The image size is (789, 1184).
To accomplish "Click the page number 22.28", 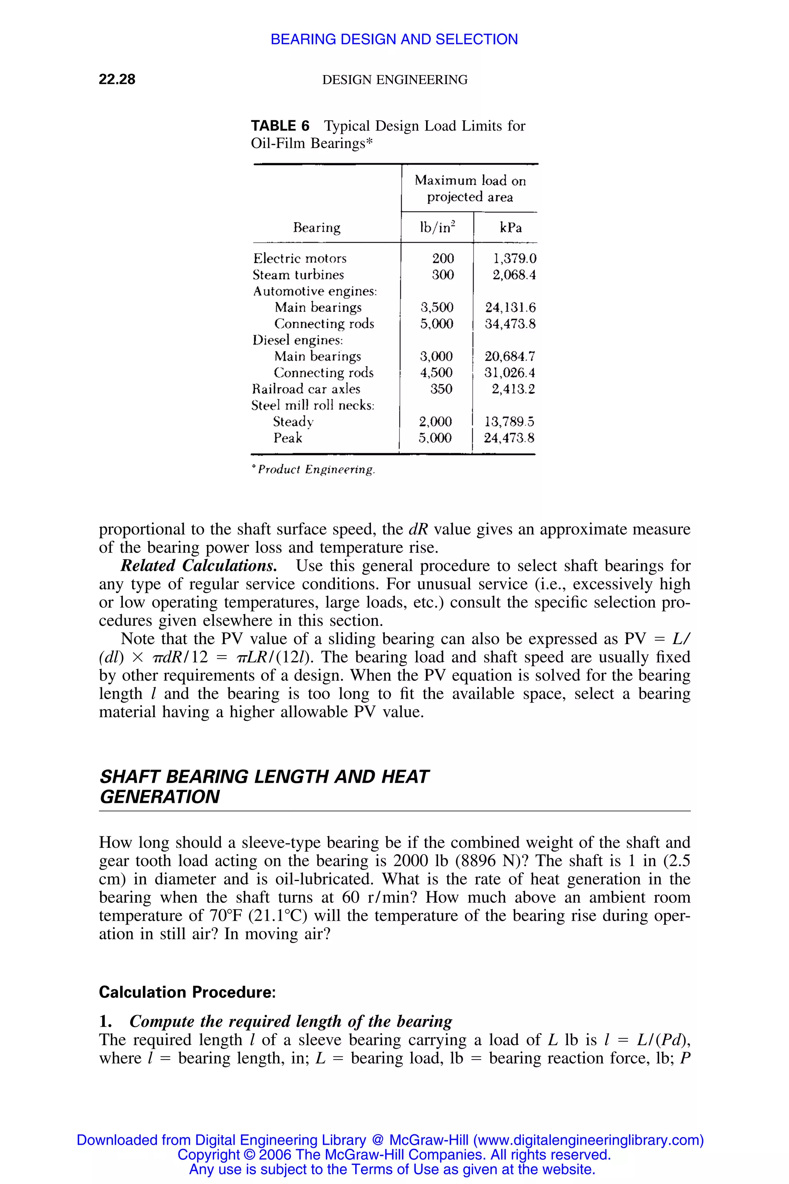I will coord(117,79).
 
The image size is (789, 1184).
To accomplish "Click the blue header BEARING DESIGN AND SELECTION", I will coord(394,39).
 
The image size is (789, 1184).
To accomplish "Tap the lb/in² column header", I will coord(437,227).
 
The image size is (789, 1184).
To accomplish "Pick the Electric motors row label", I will coord(299,259).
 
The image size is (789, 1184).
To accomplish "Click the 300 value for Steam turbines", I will coord(443,275).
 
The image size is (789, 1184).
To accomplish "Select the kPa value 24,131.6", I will coord(510,308).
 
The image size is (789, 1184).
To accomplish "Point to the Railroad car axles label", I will coord(306,389).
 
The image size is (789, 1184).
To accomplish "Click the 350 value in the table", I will coord(441,389).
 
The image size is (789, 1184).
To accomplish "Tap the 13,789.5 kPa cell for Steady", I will coord(509,422).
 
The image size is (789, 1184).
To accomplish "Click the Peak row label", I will coord(288,438).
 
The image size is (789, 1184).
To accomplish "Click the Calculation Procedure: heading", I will coord(187,992).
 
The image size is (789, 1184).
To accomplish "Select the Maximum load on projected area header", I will coord(470,188).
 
